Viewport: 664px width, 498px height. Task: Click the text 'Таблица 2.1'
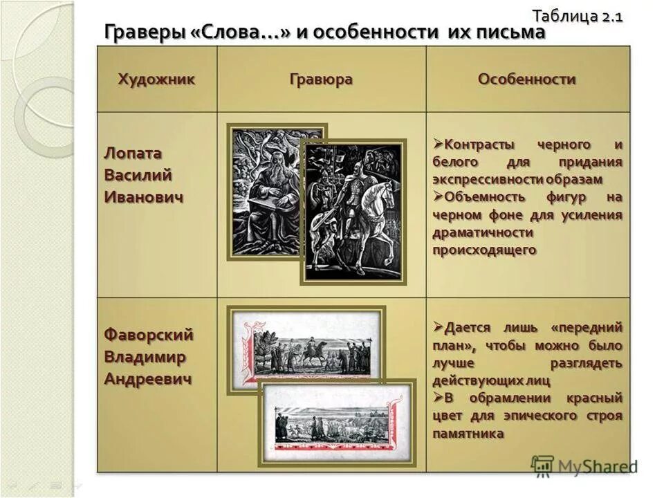click(578, 15)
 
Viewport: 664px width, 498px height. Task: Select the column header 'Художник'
click(156, 79)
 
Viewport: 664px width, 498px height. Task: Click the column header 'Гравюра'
click(321, 79)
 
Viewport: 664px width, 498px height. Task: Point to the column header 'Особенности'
click(527, 79)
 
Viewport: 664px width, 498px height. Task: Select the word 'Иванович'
click(144, 198)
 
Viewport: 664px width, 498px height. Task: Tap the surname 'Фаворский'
click(149, 335)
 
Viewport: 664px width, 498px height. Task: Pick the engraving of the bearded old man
click(266, 192)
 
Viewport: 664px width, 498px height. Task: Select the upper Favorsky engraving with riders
click(307, 349)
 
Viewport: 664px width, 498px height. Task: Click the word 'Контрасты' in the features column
click(478, 145)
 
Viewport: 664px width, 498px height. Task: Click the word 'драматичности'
click(483, 233)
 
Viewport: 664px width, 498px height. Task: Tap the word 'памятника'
click(468, 434)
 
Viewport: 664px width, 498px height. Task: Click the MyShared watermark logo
click(584, 465)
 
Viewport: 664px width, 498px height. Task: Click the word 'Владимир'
click(145, 357)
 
